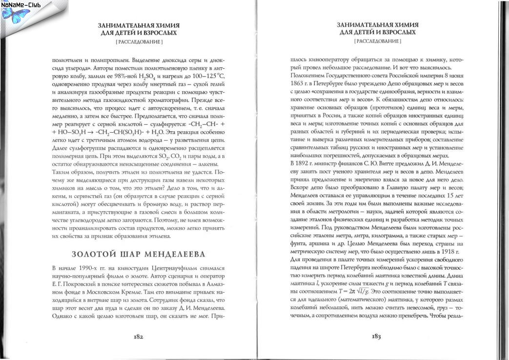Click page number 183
click(x=376, y=337)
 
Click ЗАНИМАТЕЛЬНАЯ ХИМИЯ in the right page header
click(x=376, y=24)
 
